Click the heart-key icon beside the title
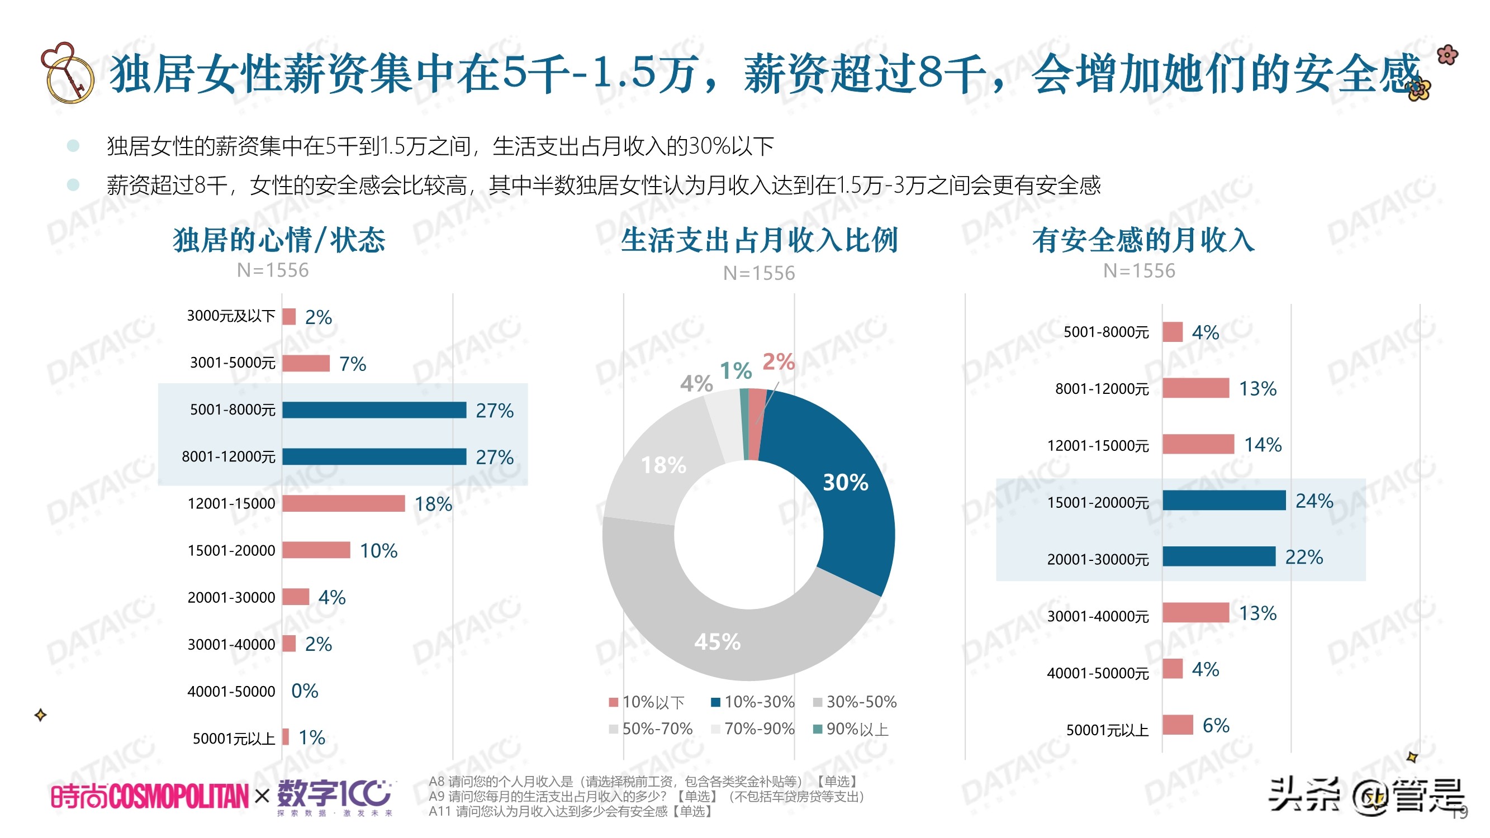[x=67, y=72]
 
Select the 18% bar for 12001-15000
[x=344, y=503]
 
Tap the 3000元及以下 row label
[x=231, y=316]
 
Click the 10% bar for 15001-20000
[x=316, y=550]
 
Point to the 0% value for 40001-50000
[x=304, y=691]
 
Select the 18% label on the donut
[x=663, y=465]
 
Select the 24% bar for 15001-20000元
[x=1224, y=500]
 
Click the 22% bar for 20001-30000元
[x=1219, y=556]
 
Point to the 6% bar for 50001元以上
[x=1178, y=725]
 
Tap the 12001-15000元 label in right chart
[x=1097, y=445]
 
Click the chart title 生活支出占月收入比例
[x=759, y=240]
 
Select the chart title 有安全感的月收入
[x=1143, y=240]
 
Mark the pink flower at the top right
[x=1447, y=55]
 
